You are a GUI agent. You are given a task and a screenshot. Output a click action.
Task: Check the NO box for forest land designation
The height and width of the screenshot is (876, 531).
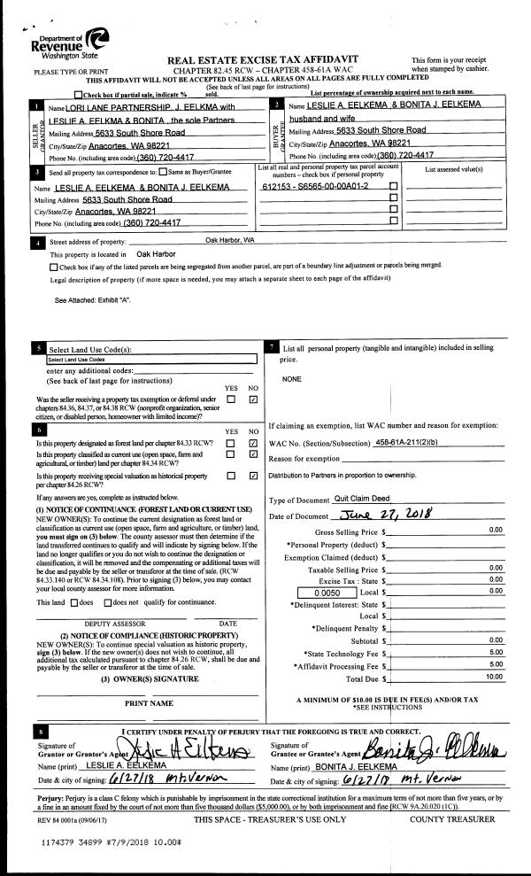click(254, 443)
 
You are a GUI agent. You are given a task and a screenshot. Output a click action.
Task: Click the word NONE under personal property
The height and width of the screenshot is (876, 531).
click(291, 379)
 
